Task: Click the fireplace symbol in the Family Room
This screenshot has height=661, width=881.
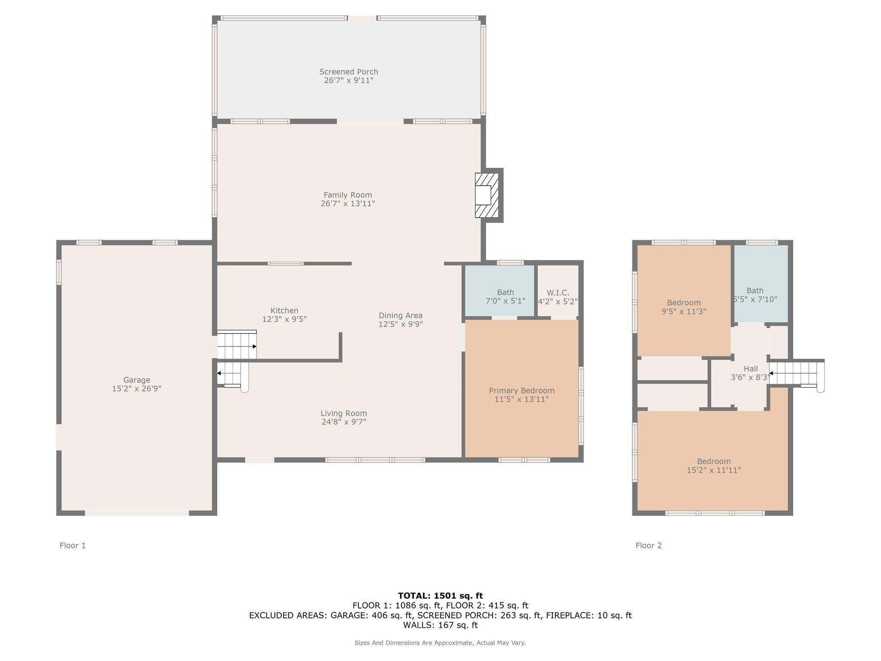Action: tap(486, 195)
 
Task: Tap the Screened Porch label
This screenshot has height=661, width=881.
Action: tap(348, 72)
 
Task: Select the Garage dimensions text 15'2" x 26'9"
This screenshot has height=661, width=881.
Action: tap(137, 389)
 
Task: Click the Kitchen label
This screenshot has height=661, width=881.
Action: tap(284, 311)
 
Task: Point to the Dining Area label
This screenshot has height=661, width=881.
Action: tap(400, 315)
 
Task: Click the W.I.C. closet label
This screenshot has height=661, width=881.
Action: tap(558, 293)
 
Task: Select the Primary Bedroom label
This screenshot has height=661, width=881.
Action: tap(521, 390)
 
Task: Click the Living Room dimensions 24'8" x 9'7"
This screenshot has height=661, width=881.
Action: tap(344, 422)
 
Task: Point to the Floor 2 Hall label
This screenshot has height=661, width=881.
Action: tap(751, 369)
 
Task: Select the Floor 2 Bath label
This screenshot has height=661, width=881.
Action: tap(755, 290)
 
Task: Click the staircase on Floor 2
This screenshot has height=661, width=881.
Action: tap(794, 373)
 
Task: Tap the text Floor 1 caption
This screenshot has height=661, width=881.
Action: tap(73, 546)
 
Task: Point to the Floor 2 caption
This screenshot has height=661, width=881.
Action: tap(649, 546)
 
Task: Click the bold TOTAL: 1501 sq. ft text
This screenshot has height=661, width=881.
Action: tap(440, 596)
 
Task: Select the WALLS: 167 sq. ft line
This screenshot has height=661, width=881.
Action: tap(440, 625)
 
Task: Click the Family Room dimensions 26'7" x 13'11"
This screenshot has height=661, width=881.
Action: tap(348, 204)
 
